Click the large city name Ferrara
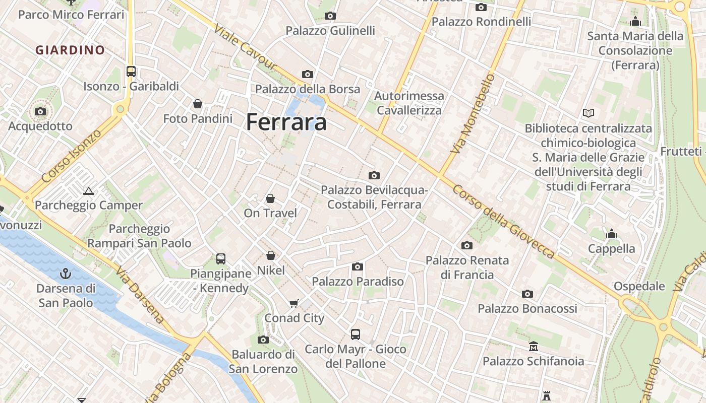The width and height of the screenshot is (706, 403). click(x=286, y=122)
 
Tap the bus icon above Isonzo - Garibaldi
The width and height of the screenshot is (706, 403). click(x=131, y=72)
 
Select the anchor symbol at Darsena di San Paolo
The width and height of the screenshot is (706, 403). click(x=66, y=274)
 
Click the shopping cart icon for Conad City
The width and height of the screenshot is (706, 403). click(x=294, y=303)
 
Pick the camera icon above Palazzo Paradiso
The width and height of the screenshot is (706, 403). click(x=358, y=266)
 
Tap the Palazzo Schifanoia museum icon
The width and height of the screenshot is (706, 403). click(x=534, y=347)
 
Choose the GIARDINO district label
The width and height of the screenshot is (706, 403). click(x=70, y=50)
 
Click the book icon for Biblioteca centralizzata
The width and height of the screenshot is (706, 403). click(x=588, y=113)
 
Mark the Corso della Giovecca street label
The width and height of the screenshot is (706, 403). click(x=503, y=222)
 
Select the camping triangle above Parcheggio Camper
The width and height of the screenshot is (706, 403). click(x=89, y=191)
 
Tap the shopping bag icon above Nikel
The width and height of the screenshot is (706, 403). click(x=271, y=256)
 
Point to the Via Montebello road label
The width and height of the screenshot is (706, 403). click(x=473, y=114)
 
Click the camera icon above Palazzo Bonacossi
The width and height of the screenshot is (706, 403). click(x=527, y=294)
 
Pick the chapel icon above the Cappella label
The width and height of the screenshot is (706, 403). click(x=612, y=234)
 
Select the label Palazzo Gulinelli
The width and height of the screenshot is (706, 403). click(x=330, y=31)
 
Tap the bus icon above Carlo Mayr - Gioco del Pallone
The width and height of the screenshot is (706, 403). click(x=356, y=334)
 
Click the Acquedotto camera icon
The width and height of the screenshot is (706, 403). click(x=40, y=111)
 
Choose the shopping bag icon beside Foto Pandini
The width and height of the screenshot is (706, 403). click(x=198, y=104)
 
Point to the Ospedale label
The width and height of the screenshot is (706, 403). click(x=639, y=286)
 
